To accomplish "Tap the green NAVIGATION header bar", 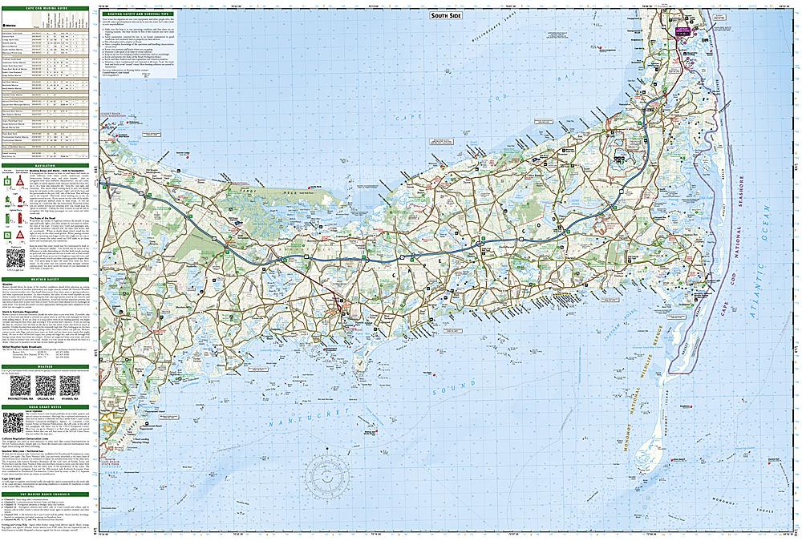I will [48, 166].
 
